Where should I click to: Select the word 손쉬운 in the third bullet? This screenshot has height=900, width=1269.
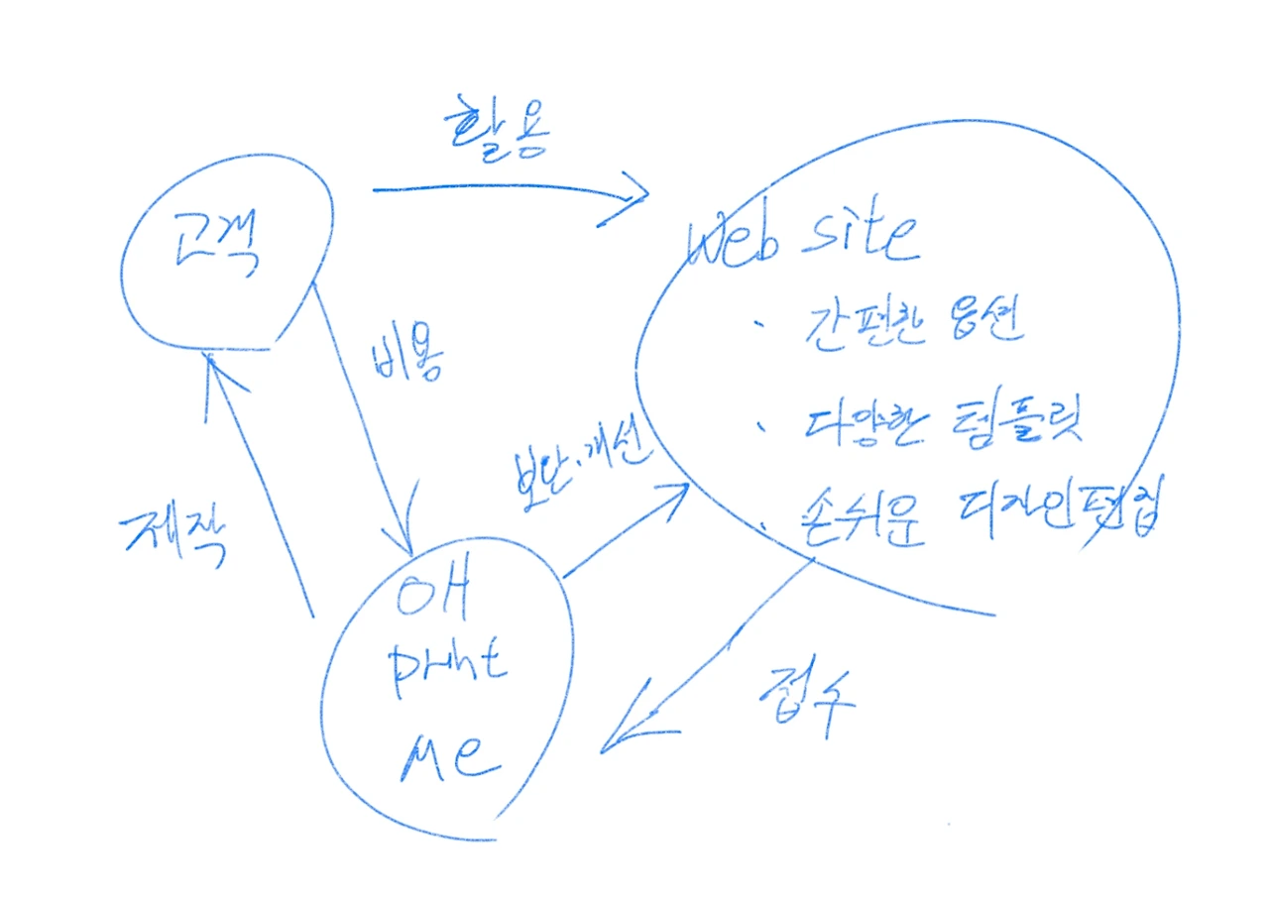pos(862,520)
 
